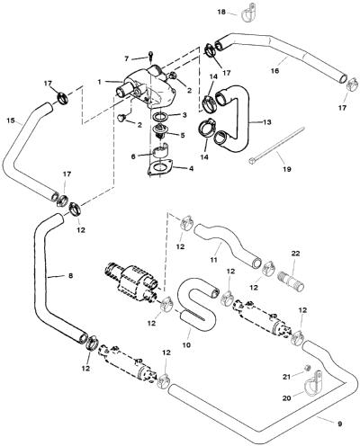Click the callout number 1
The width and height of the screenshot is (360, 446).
click(100, 82)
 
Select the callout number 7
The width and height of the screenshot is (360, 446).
click(127, 59)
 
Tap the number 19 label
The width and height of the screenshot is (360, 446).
click(287, 169)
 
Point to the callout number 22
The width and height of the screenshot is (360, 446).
click(295, 254)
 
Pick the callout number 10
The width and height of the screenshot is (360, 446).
click(186, 345)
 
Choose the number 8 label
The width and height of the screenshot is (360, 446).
click(70, 276)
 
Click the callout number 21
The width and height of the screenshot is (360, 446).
click(287, 377)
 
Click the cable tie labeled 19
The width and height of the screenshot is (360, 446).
click(276, 146)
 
